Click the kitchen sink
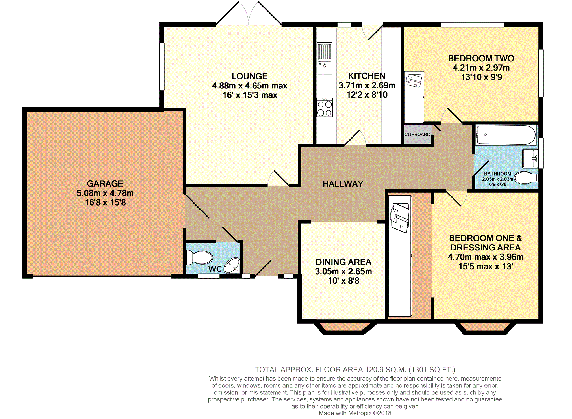(x=325, y=58)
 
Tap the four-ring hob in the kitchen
(x=325, y=107)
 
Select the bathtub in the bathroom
(x=506, y=135)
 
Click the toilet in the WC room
(x=200, y=257)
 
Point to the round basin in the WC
(x=232, y=265)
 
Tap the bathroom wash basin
(x=530, y=158)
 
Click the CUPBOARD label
(x=417, y=135)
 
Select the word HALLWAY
(x=343, y=184)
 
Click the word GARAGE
(x=105, y=183)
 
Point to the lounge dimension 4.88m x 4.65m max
(x=250, y=86)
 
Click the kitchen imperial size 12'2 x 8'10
(x=367, y=95)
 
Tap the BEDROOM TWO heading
(x=481, y=58)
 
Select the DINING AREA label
(x=343, y=262)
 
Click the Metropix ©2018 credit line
(x=355, y=413)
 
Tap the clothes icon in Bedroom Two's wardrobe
(x=414, y=80)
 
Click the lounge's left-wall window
(x=162, y=67)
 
